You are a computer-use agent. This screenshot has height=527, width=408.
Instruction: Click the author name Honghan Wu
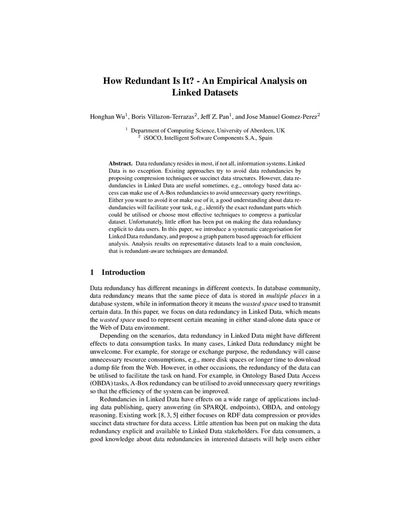pos(107,114)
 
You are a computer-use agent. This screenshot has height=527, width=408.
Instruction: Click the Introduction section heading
pos(123,272)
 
